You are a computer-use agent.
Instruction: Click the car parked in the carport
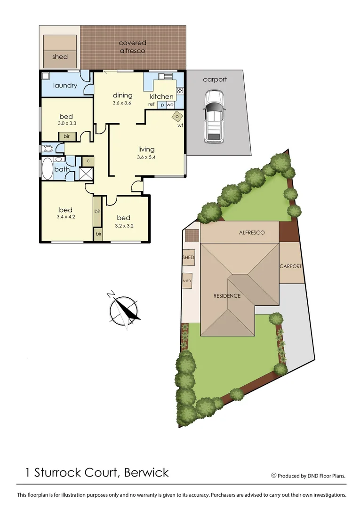214,117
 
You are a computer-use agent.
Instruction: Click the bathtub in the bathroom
47,169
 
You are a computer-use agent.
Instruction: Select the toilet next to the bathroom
47,149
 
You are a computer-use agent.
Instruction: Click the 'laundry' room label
65,86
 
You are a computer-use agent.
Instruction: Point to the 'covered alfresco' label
132,47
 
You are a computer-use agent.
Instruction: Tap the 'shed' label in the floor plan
60,57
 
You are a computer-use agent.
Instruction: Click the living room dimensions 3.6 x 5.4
146,158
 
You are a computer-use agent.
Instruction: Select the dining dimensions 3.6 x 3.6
122,103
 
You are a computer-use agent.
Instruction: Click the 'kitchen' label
161,96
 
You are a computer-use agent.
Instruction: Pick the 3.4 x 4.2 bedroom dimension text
65,217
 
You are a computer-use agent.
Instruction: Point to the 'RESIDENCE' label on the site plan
227,296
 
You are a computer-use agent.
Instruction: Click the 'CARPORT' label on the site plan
290,266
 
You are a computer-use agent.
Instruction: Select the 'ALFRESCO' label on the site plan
252,232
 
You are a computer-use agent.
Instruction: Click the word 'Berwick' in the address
146,472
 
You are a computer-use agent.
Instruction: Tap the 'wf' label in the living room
180,126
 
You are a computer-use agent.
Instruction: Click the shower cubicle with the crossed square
86,174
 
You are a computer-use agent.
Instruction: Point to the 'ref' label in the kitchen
152,104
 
